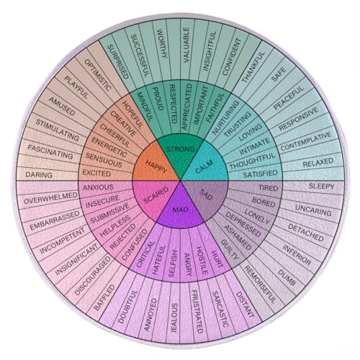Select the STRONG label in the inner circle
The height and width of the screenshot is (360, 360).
[181, 149]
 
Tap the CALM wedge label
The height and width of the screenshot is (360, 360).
[204, 166]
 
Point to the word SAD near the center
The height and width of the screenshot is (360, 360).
[206, 194]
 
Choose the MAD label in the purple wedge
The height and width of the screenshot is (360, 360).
[181, 210]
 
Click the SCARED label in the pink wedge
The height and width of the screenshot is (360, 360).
[156, 195]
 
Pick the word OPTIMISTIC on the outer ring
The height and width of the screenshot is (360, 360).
[98, 75]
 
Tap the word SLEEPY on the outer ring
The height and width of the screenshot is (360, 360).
[321, 186]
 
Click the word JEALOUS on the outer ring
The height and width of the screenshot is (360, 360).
[174, 318]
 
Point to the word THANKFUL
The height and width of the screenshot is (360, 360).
[253, 68]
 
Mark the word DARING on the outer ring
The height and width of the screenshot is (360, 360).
[39, 175]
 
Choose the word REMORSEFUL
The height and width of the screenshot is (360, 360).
[260, 284]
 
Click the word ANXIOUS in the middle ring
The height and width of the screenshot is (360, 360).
[98, 187]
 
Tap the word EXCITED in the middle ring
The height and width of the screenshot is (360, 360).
[96, 173]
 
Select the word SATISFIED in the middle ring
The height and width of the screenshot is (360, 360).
[260, 174]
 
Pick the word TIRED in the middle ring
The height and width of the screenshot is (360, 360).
[268, 188]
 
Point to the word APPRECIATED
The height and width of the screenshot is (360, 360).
[186, 107]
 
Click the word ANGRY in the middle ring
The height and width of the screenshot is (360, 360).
[188, 264]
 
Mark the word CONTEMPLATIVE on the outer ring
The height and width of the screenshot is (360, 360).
[305, 142]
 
